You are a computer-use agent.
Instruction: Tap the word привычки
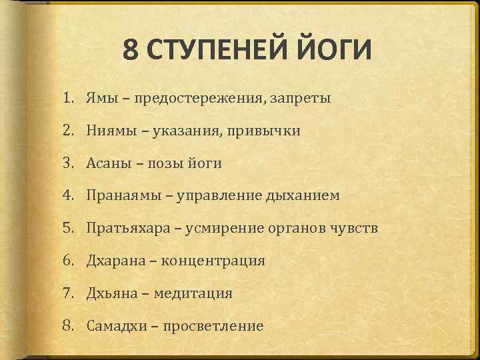(266, 131)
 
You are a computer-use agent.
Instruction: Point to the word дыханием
(303, 195)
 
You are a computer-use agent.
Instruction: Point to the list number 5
(68, 228)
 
